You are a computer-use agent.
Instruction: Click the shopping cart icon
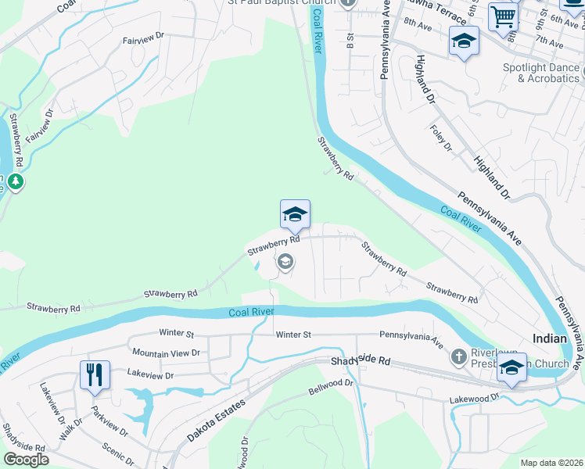point(503,16)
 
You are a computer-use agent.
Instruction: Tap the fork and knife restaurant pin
point(95,374)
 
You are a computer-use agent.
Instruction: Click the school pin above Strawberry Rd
point(295,214)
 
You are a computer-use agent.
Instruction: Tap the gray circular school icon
point(285,262)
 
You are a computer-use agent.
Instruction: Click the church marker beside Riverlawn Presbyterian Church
point(460,356)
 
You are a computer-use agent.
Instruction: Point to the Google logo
point(25,460)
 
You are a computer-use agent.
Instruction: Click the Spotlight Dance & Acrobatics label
point(541,73)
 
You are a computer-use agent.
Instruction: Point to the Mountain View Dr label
point(166,353)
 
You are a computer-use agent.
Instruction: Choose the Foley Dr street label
point(442,137)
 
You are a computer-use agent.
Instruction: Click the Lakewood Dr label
point(475,399)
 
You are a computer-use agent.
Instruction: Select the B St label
point(350,38)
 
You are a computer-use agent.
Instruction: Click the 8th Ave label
point(418,26)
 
